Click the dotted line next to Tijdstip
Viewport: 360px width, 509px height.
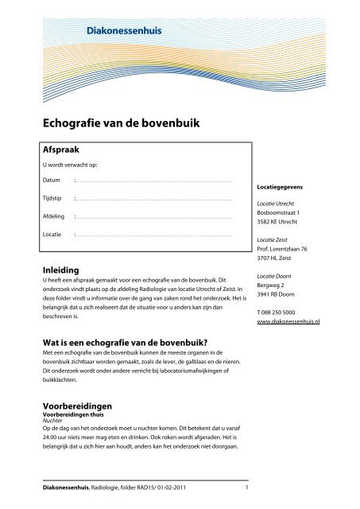(152, 199)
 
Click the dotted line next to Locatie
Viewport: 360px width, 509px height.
(152, 235)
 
